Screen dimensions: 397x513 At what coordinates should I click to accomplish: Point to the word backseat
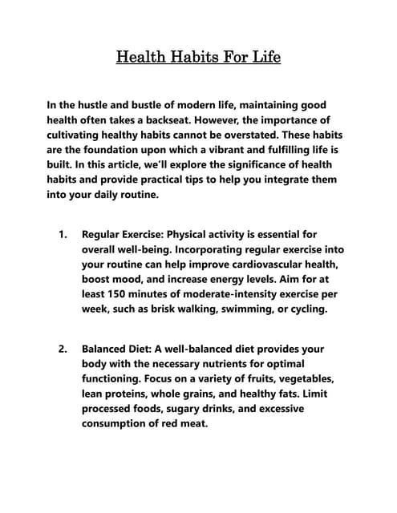(x=142, y=120)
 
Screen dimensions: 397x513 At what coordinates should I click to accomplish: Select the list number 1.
(x=62, y=235)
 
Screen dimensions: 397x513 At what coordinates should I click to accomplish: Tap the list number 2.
(x=62, y=349)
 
